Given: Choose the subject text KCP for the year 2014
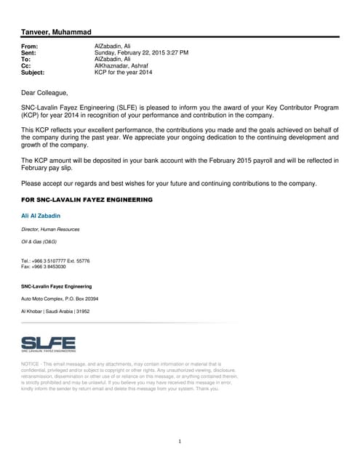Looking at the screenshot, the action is pos(124,73).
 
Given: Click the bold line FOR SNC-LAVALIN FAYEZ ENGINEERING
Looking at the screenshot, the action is pos(87,198).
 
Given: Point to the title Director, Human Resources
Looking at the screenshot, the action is pos(51,229).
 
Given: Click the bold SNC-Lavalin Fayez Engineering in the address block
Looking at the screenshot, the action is pos(57,286).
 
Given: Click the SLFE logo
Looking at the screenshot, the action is pos(49,344).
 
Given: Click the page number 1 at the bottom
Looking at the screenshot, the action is pos(180,441).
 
